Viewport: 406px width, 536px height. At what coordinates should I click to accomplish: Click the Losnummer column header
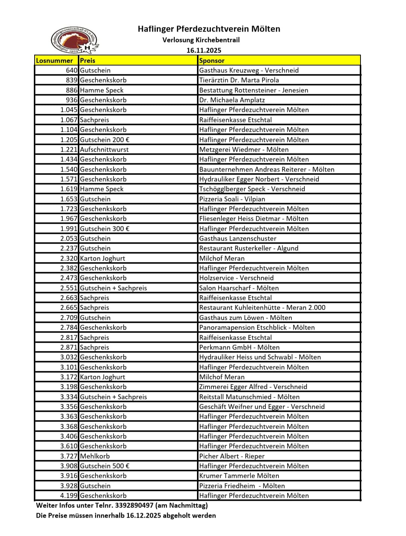[x=55, y=60]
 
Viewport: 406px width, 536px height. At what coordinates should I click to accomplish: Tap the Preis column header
[x=88, y=60]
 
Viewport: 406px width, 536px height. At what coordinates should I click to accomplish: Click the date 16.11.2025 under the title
[x=204, y=50]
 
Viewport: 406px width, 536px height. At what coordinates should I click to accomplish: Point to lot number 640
[x=71, y=70]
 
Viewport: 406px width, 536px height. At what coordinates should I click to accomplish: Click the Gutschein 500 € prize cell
[x=105, y=466]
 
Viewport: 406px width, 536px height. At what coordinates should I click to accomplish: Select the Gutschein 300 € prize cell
[x=105, y=229]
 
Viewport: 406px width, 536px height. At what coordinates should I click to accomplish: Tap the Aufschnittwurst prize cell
[x=104, y=149]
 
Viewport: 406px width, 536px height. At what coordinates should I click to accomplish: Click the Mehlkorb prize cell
[x=95, y=456]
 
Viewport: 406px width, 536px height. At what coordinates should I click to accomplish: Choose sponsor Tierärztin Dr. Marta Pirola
[x=239, y=80]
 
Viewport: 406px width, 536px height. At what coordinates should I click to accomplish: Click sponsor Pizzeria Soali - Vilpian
[x=232, y=199]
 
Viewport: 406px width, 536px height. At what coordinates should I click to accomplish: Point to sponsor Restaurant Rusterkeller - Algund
[x=248, y=248]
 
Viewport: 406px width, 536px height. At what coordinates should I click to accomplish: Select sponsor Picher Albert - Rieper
[x=232, y=456]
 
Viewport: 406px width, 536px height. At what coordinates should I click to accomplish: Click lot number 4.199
[x=69, y=495]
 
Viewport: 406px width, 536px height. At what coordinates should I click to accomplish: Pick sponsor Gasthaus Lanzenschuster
[x=238, y=238]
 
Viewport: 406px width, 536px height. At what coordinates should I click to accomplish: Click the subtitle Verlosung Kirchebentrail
[x=201, y=40]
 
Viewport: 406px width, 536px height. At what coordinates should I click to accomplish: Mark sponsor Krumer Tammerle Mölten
[x=239, y=476]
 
